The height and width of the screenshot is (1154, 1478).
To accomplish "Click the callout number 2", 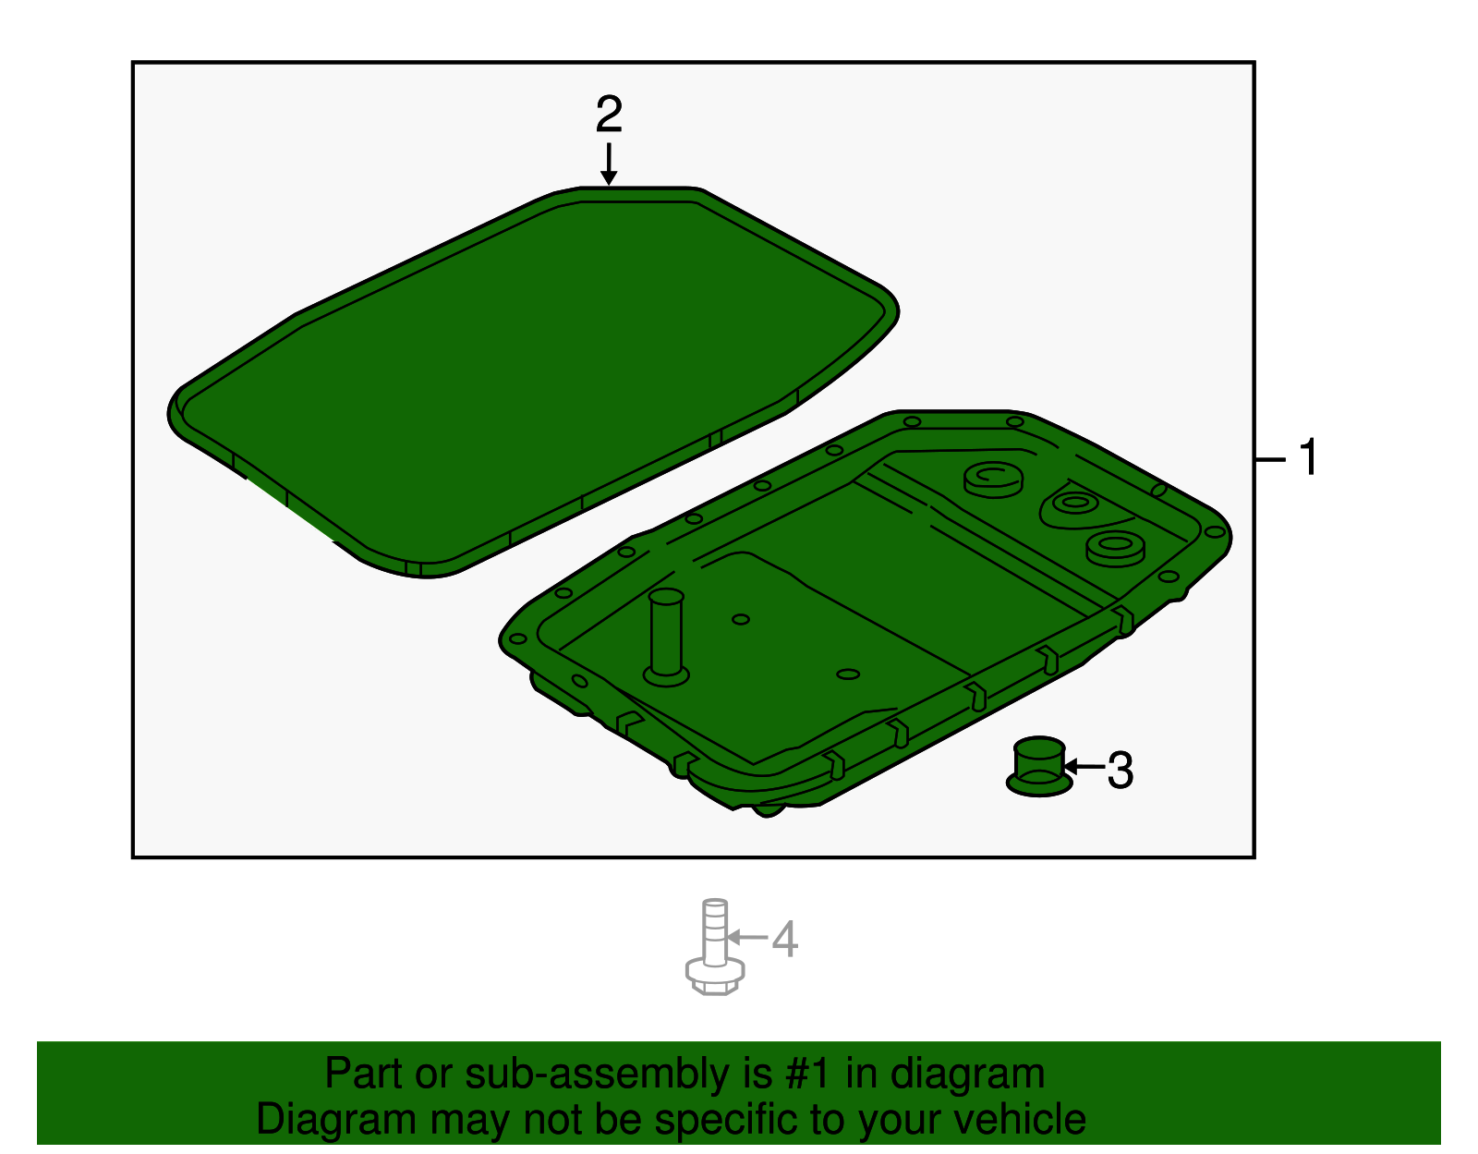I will click(609, 115).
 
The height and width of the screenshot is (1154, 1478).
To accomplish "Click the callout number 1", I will click(1308, 458).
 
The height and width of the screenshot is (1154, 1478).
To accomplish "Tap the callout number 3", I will click(1120, 771).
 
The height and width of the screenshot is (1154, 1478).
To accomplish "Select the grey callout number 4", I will click(784, 940).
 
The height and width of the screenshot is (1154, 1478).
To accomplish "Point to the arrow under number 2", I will click(608, 164).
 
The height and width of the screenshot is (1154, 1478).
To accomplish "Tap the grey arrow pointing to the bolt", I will click(747, 938).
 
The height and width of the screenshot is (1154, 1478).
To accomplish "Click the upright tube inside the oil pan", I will click(666, 635).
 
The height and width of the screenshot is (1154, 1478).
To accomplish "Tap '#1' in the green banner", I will click(810, 1075).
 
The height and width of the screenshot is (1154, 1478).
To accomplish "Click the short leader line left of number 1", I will click(1270, 459).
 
